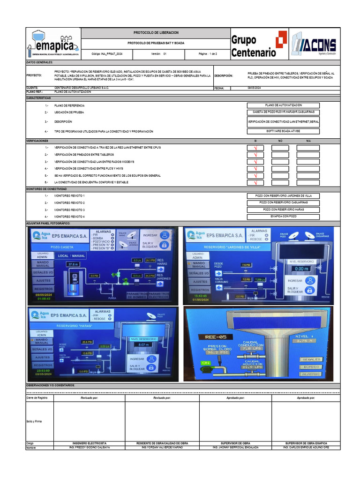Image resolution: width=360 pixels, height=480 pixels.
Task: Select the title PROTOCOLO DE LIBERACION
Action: point(156,32)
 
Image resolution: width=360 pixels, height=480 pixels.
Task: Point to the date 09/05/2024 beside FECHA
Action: point(255,88)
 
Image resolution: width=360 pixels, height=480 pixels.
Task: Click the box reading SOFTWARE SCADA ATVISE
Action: point(283,131)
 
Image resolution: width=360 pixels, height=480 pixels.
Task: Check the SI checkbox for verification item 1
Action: point(255,148)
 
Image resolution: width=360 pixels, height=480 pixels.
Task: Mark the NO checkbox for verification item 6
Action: point(280,183)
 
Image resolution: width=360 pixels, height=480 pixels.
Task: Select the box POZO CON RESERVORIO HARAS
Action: point(283,210)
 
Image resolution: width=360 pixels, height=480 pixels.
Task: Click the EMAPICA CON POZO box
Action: point(283,217)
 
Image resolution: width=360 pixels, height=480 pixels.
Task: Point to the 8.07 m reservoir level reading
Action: point(144,345)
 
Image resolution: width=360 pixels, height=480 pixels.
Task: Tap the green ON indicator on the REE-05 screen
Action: point(205,363)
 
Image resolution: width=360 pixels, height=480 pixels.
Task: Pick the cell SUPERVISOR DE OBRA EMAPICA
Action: point(306,443)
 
